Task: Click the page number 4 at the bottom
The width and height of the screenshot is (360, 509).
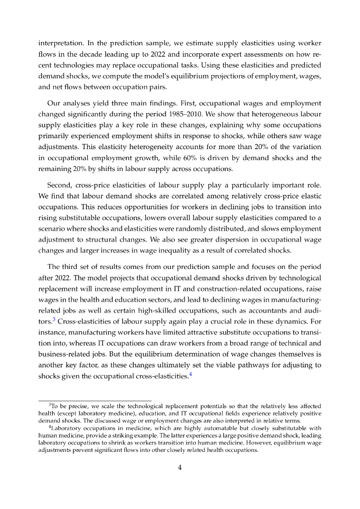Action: point(180,467)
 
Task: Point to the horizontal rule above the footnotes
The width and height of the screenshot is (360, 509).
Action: point(95,401)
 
